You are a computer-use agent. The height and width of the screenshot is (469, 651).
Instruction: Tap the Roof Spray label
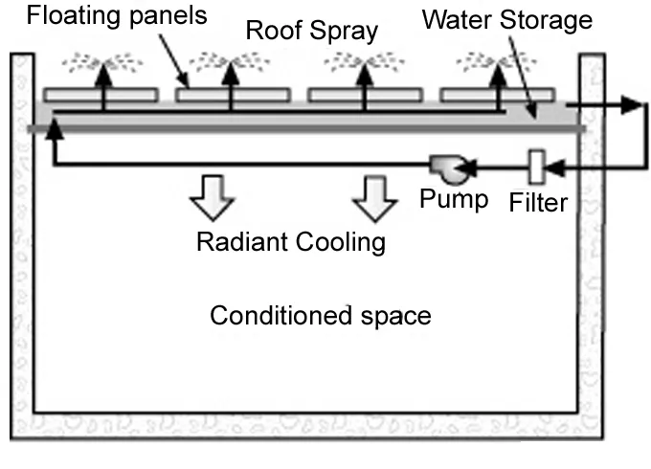[x=311, y=30]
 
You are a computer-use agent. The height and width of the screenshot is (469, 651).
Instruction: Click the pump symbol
[x=445, y=169]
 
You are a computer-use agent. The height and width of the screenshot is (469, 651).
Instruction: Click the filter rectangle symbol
[x=536, y=167]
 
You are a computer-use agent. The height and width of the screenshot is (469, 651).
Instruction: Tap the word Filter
[x=539, y=202]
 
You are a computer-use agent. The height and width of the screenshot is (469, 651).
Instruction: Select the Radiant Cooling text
[x=290, y=242]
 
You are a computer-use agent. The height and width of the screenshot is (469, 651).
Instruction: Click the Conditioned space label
[x=321, y=315]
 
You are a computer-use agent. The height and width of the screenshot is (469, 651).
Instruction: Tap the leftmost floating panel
[x=100, y=96]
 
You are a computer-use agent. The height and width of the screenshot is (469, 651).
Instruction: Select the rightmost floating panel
[x=497, y=96]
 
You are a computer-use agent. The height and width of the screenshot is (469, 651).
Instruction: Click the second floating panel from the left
[x=233, y=96]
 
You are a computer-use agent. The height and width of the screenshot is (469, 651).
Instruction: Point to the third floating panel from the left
[x=365, y=96]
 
